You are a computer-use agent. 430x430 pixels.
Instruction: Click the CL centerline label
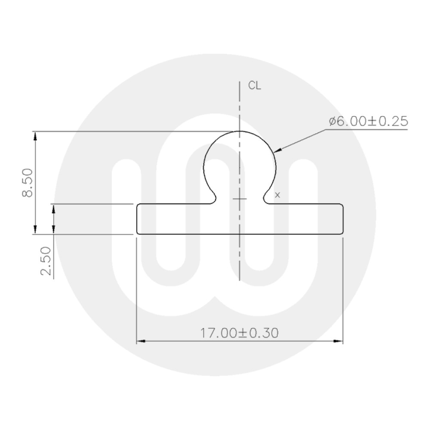tap(255, 86)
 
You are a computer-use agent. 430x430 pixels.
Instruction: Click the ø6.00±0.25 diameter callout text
tap(368, 122)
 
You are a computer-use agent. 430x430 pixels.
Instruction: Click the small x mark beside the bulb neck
tap(277, 195)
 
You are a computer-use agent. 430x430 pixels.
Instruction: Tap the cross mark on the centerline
tap(239, 199)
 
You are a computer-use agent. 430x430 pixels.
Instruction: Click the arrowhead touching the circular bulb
tap(277, 150)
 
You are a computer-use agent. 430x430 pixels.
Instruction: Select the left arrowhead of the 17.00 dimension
tap(140, 341)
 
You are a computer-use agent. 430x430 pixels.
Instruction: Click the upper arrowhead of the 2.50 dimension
tap(54, 208)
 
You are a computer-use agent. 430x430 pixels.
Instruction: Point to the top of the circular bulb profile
tap(239, 131)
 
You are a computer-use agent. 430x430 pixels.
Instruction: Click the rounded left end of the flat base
tap(137, 219)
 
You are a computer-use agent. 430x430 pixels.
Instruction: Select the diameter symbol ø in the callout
tap(332, 122)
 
